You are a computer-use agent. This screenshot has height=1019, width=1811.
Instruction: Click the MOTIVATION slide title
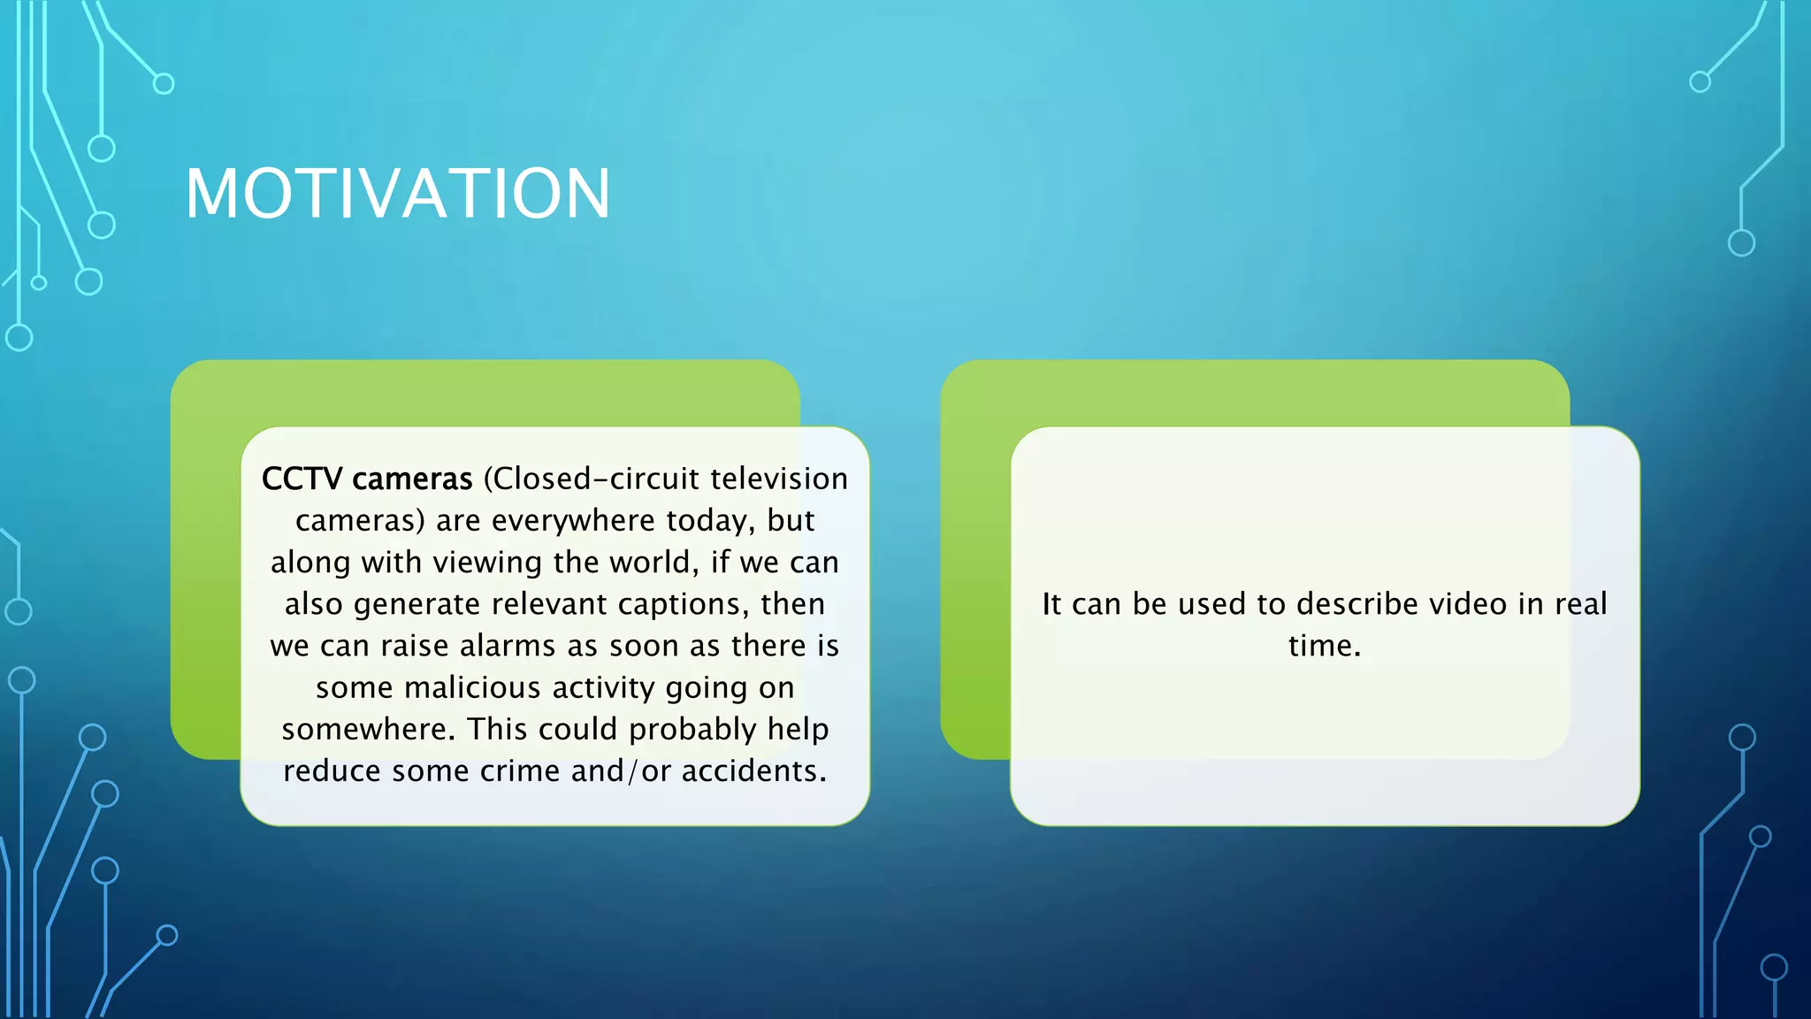coord(397,194)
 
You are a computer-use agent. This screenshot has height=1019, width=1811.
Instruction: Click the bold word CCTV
coord(302,479)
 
